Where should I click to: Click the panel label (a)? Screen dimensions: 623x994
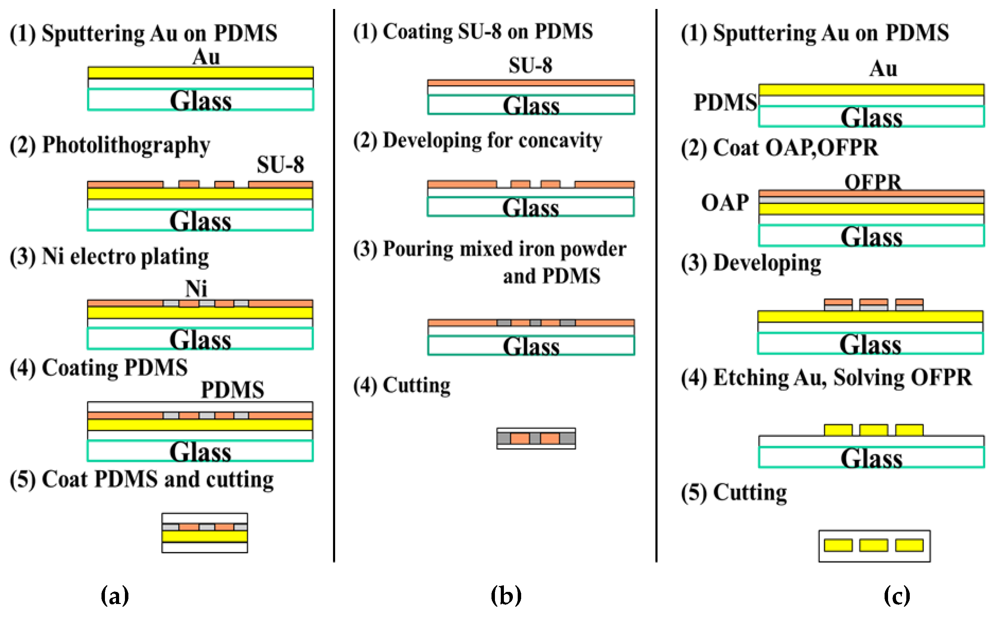point(115,595)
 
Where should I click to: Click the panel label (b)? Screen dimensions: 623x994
point(506,595)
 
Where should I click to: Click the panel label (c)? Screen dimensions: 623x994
point(897,595)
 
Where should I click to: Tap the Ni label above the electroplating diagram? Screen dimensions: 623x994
point(196,289)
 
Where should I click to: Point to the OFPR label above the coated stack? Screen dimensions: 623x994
point(873,182)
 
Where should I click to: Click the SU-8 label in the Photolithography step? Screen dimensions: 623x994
point(280,164)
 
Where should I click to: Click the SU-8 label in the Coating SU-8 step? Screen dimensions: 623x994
point(530,65)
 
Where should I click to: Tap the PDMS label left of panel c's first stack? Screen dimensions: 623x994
point(725,102)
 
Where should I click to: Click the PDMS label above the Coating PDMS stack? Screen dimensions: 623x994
point(233,389)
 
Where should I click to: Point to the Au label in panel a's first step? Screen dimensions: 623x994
point(206,57)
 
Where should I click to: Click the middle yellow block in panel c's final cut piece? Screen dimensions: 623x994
point(874,545)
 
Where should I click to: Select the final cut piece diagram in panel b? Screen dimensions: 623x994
point(536,438)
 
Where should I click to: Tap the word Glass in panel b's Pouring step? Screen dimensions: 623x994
point(531,347)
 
